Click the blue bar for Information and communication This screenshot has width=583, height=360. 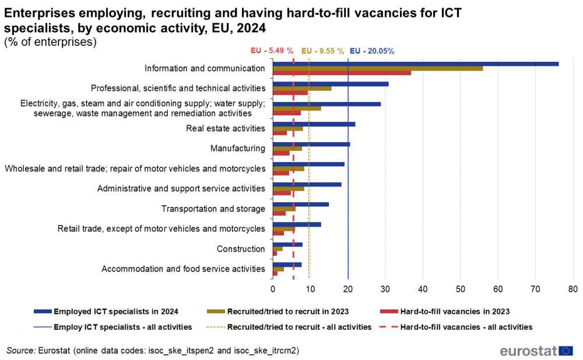click(x=415, y=64)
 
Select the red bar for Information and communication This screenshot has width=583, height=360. click(x=342, y=73)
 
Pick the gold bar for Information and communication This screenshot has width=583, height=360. click(x=378, y=69)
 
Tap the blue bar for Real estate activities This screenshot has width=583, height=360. click(x=314, y=124)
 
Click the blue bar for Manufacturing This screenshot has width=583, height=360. click(x=311, y=144)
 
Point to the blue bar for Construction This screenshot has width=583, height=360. click(x=287, y=245)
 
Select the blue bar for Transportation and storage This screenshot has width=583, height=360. click(x=301, y=204)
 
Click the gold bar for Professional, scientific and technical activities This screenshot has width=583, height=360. click(x=302, y=89)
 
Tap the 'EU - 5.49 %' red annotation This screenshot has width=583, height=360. click(x=272, y=51)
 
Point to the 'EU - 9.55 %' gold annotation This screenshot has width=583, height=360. click(x=322, y=51)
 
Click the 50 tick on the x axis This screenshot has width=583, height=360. click(x=461, y=288)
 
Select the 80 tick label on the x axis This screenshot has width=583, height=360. click(x=573, y=288)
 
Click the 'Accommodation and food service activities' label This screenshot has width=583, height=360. click(x=183, y=269)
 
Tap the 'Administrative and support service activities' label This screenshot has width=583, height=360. click(x=181, y=189)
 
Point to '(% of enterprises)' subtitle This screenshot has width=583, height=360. click(x=50, y=42)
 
